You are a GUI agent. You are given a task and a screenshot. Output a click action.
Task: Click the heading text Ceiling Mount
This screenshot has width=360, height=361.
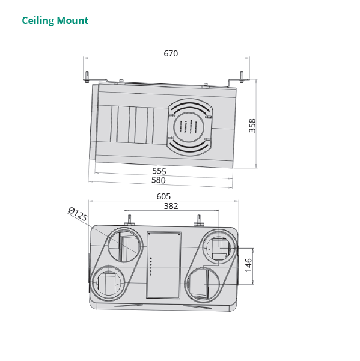pyautogui.click(x=55, y=21)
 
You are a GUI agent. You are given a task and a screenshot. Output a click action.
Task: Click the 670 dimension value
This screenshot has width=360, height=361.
pyautogui.click(x=171, y=53)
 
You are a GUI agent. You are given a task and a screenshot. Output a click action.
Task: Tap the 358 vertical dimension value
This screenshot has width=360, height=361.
pyautogui.click(x=252, y=125)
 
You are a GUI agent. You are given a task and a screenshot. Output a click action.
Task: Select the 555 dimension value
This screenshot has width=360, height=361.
pyautogui.click(x=159, y=171)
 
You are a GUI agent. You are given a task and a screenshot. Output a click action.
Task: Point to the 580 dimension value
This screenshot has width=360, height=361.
pyautogui.click(x=159, y=180)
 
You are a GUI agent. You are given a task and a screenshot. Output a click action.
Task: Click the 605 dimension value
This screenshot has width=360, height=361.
pyautogui.click(x=163, y=196)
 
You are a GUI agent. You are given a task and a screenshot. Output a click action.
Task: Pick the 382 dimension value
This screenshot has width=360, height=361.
pyautogui.click(x=171, y=206)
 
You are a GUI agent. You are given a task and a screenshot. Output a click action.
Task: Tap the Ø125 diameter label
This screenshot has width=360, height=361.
pyautogui.click(x=78, y=214)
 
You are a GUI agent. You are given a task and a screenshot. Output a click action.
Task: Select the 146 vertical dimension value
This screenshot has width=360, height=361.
pyautogui.click(x=248, y=265)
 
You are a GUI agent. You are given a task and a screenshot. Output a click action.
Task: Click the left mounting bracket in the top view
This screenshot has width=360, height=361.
pyautogui.click(x=88, y=77)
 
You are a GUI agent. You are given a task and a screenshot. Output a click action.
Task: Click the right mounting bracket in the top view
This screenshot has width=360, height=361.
pyautogui.click(x=241, y=77)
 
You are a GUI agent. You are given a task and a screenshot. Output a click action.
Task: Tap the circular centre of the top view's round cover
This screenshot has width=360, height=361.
pyautogui.click(x=189, y=127)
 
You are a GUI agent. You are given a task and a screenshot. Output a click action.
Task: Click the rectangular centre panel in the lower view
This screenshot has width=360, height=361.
pyautogui.click(x=163, y=265)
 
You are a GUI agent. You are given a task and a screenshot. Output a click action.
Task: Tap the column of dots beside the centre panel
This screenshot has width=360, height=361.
pyautogui.click(x=151, y=265)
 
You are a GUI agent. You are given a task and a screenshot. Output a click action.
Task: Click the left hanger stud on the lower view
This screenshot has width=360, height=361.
pyautogui.click(x=129, y=220)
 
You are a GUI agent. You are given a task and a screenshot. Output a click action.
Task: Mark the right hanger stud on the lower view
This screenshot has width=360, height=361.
pyautogui.click(x=199, y=220)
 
